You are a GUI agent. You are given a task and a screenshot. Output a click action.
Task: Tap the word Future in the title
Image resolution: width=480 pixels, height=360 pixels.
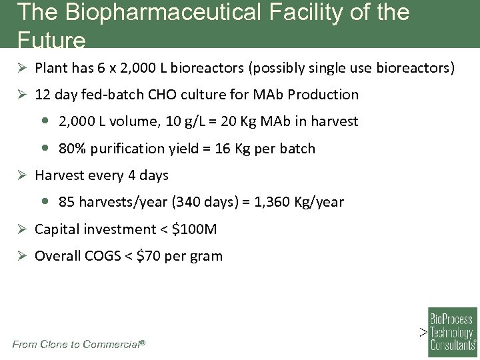(52, 41)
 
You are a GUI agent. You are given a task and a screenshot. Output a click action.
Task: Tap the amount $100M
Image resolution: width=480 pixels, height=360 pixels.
(195, 229)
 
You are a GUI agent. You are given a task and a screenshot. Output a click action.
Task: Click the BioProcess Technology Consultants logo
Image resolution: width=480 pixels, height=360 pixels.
(452, 329)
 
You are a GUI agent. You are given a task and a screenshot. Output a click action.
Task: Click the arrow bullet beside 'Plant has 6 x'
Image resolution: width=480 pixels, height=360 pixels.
(22, 68)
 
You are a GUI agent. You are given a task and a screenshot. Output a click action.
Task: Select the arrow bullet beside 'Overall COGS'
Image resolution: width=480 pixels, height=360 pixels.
(22, 256)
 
